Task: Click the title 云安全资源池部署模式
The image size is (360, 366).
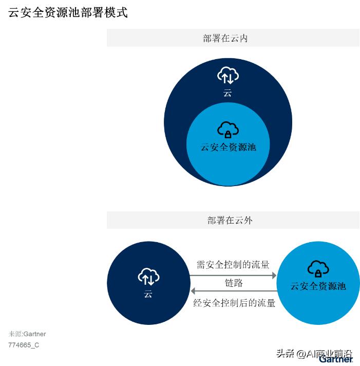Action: pos(68,13)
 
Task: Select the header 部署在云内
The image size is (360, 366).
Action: pos(225,39)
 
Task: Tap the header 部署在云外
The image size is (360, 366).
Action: pos(230,221)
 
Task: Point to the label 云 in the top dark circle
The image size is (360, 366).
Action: pos(228,93)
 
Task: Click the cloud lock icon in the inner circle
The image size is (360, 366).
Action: pos(228,129)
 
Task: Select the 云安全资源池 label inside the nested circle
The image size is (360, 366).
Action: pos(228,147)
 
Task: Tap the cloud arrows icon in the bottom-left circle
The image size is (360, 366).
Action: pos(148,277)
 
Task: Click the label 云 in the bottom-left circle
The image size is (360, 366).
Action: pos(148,294)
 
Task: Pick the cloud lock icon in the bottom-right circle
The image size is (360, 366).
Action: pos(318,268)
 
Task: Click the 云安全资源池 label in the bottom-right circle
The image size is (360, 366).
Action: pos(318,286)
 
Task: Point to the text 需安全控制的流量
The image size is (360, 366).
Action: pos(233,265)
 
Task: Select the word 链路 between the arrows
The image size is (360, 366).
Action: pos(234,283)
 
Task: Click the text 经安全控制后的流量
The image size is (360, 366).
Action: pos(234,303)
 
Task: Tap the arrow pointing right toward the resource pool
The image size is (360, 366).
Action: pos(233,276)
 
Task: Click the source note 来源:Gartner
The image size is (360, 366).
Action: pos(27,334)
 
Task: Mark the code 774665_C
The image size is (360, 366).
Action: pos(24,345)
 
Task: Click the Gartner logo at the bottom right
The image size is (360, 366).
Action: pos(336,359)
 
